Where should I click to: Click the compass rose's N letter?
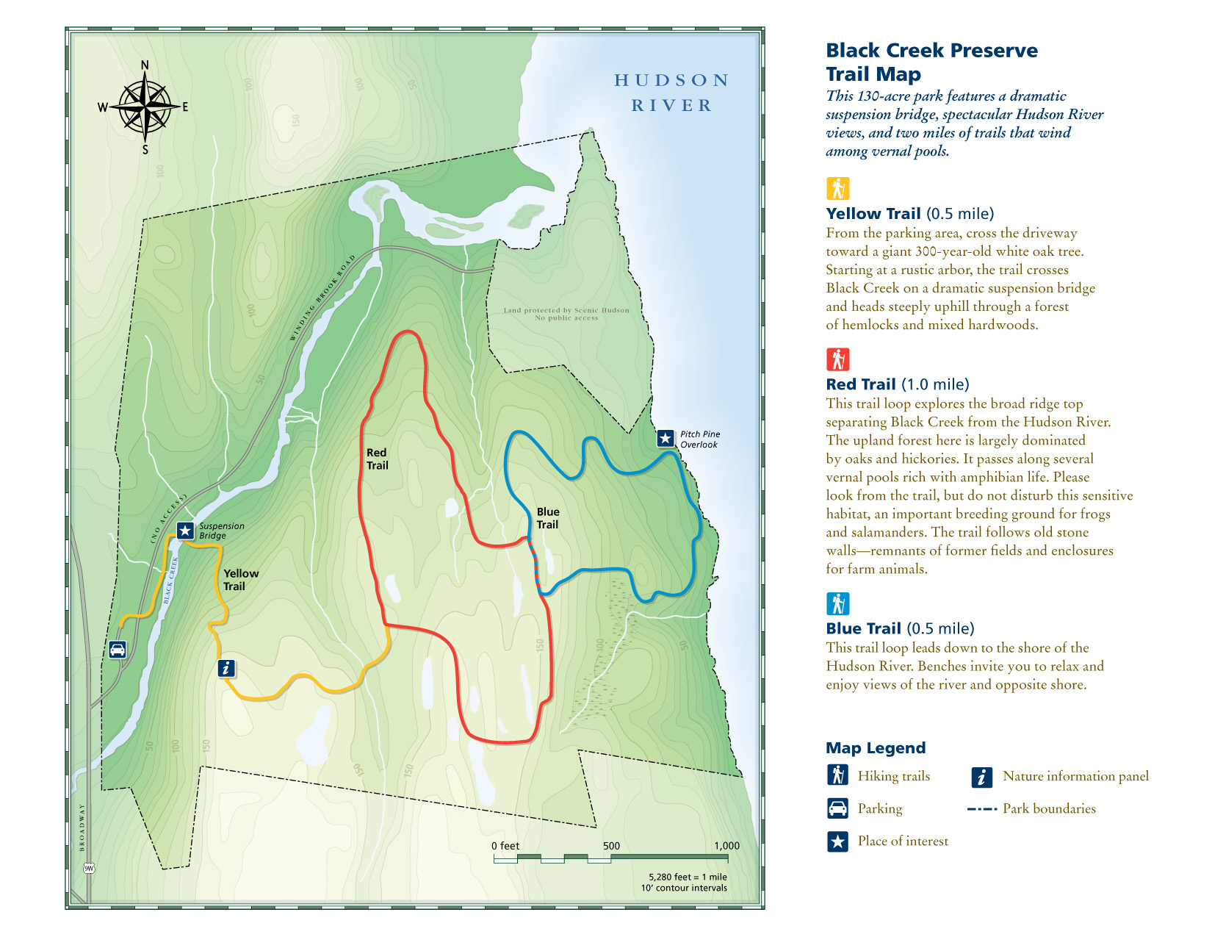click(x=145, y=65)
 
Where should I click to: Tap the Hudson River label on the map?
click(x=671, y=93)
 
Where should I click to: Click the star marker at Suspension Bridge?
click(x=185, y=531)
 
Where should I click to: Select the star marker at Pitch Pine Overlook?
click(x=665, y=439)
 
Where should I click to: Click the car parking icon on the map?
click(x=118, y=650)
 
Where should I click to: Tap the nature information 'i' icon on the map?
click(x=226, y=668)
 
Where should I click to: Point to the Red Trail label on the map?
click(x=377, y=459)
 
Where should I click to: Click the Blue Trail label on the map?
click(x=547, y=518)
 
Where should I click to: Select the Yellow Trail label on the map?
click(x=240, y=579)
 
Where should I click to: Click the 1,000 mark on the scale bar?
click(x=726, y=846)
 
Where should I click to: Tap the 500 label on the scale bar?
click(x=611, y=846)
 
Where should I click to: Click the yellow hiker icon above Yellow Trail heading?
click(x=837, y=189)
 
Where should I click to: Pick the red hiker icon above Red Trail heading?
click(x=837, y=359)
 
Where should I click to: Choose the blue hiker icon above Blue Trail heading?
click(x=837, y=603)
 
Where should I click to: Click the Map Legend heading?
click(x=876, y=748)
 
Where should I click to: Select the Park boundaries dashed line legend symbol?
click(x=981, y=808)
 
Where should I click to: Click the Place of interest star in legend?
click(x=837, y=841)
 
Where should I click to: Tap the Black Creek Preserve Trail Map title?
click(x=931, y=62)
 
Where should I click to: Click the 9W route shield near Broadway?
click(x=89, y=868)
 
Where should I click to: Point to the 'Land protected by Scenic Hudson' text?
click(x=566, y=314)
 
